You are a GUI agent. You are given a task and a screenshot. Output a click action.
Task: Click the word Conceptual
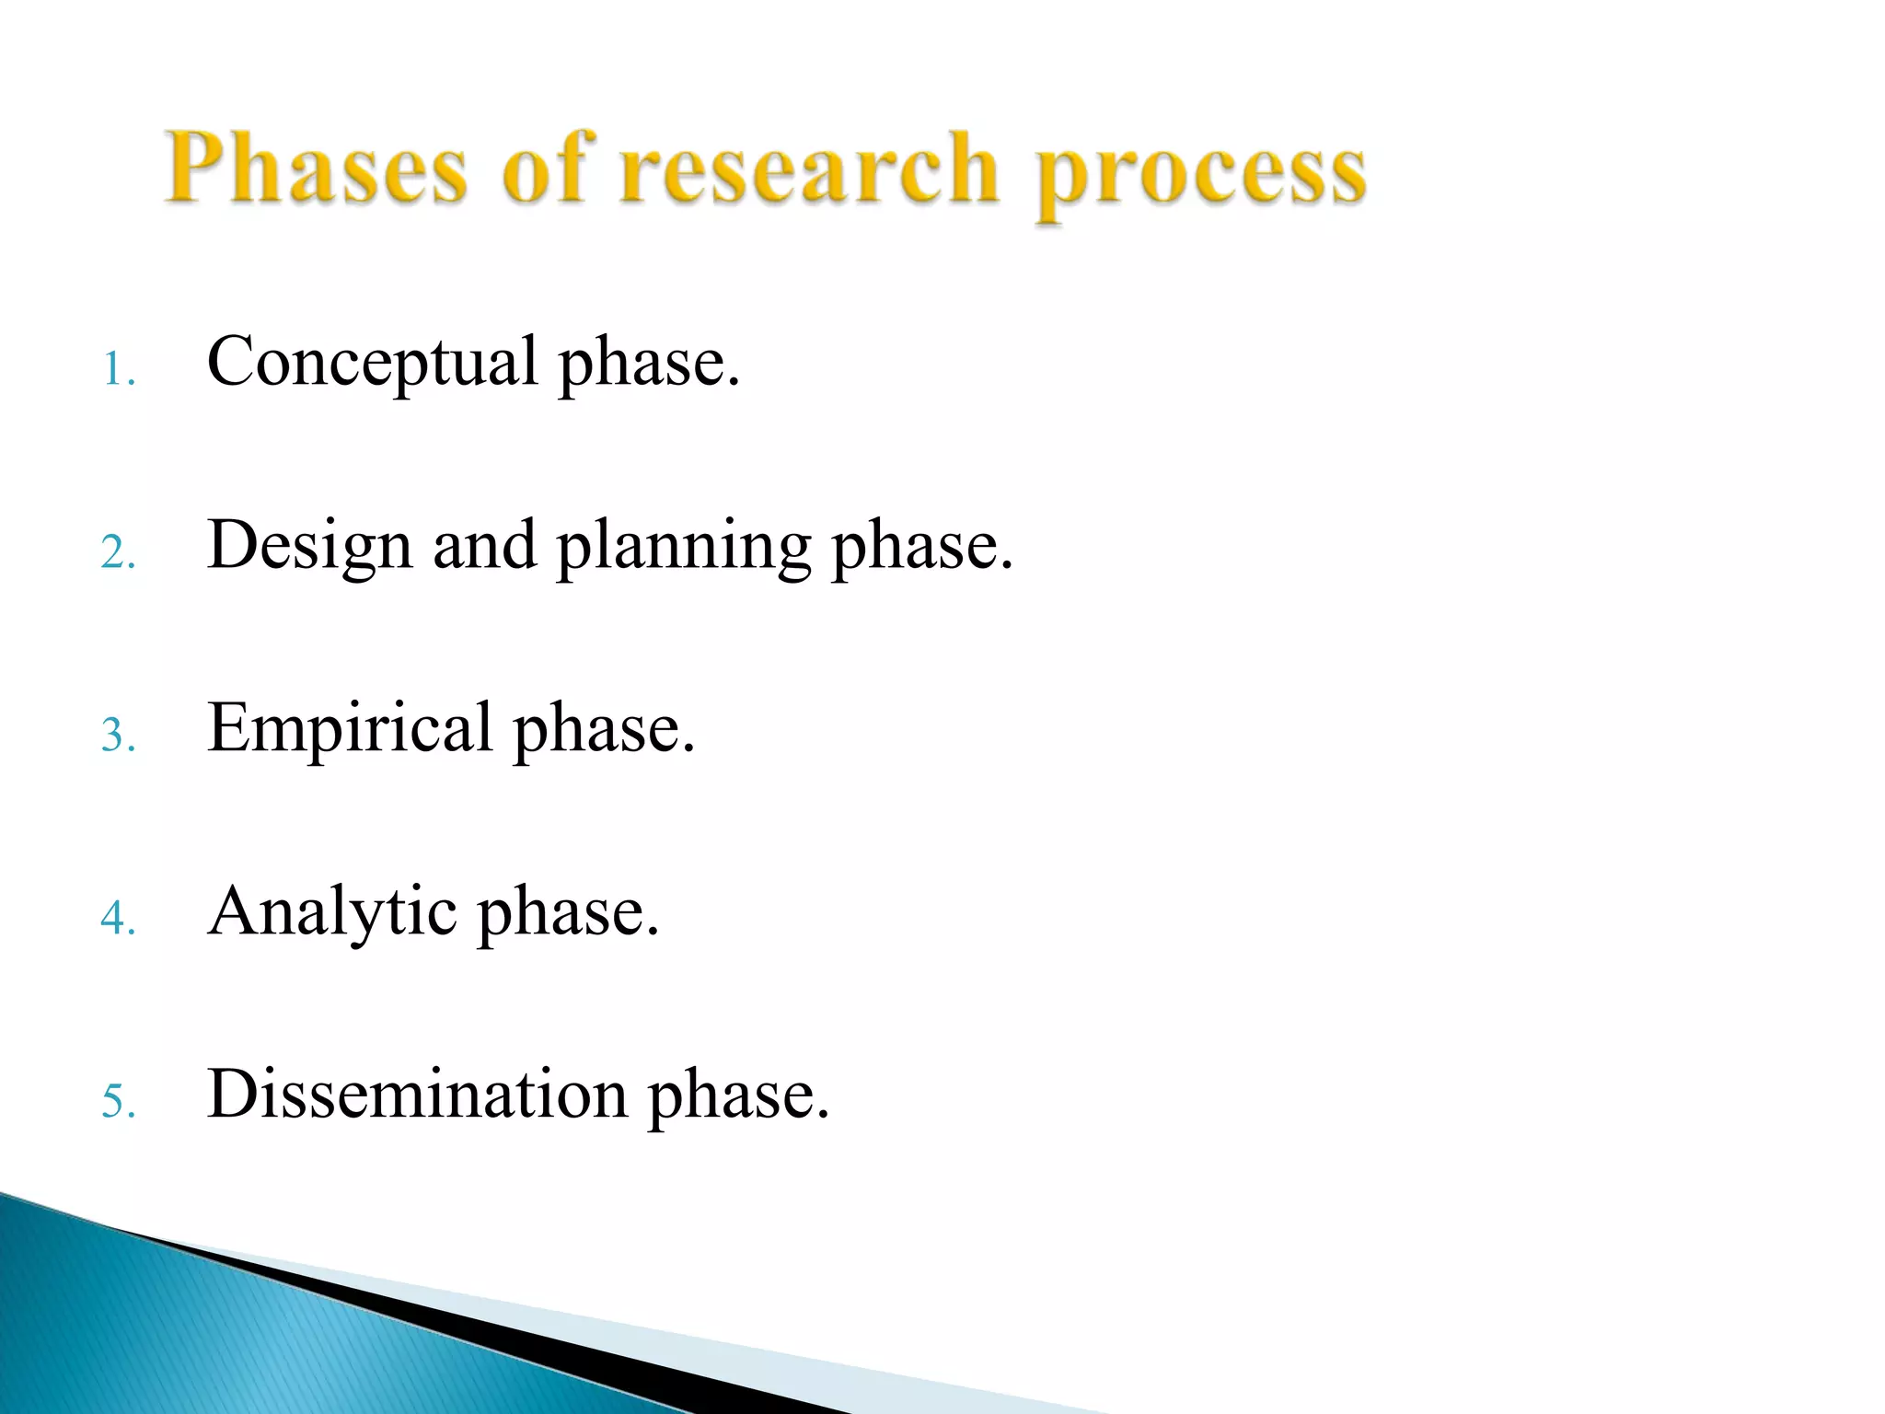372,363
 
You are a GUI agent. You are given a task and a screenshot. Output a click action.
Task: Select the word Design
309,546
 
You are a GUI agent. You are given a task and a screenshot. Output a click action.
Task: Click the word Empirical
350,729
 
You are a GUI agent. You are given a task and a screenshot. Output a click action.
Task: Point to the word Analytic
332,912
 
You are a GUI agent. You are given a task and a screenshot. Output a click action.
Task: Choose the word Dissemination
417,1094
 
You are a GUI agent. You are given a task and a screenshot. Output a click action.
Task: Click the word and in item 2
484,545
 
